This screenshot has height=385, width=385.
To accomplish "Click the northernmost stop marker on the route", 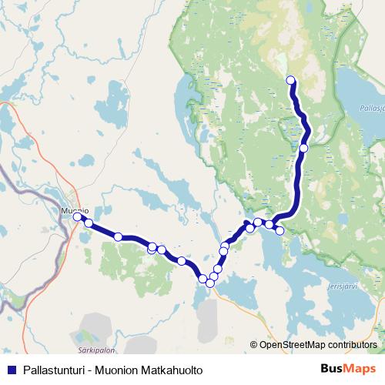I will point(291,80).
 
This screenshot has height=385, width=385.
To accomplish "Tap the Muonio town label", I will point(75,209).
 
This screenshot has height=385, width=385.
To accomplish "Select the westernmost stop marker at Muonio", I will point(78,217).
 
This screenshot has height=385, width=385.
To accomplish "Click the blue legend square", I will point(12,370).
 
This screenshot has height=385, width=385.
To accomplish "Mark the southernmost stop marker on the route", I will point(209,283).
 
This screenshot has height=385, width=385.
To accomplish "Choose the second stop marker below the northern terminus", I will point(304,147).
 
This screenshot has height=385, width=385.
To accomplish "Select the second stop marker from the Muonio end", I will point(89,223).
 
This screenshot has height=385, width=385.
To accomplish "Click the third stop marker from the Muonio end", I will point(118,236).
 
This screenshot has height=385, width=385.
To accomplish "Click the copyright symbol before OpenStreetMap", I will point(254,344).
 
